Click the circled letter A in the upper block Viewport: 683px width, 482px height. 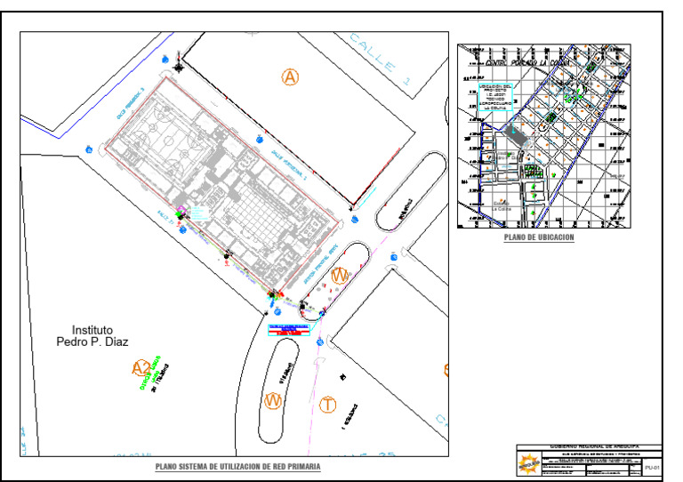pyautogui.click(x=290, y=77)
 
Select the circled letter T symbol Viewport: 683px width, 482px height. pyautogui.click(x=329, y=406)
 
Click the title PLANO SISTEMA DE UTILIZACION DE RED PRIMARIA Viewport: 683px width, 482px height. pyautogui.click(x=237, y=466)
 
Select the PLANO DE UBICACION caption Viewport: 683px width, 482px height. pyautogui.click(x=539, y=238)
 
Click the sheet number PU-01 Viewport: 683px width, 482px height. pyautogui.click(x=653, y=466)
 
